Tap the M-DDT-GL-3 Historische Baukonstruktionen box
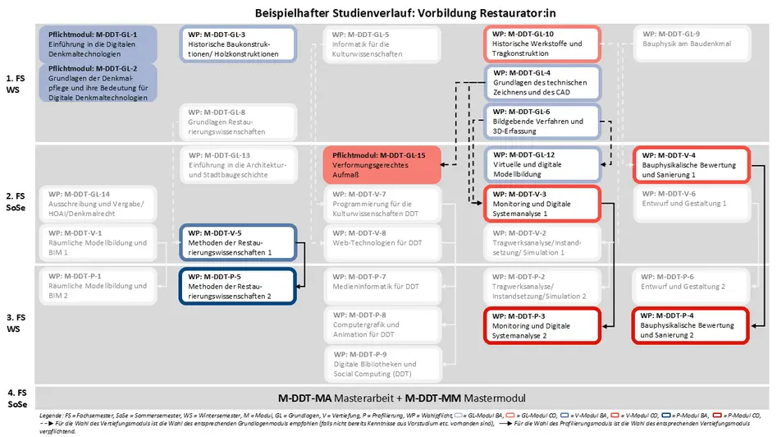[237, 44]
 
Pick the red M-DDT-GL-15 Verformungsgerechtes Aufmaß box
[382, 165]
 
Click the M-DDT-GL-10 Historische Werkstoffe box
[542, 44]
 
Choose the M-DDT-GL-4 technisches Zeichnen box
[542, 83]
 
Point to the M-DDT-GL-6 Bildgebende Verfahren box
[542, 122]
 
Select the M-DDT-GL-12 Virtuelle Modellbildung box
[542, 164]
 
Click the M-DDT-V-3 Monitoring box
[542, 203]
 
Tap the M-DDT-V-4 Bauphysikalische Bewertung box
[690, 164]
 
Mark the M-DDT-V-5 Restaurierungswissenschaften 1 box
[237, 242]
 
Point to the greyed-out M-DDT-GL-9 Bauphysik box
[690, 44]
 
